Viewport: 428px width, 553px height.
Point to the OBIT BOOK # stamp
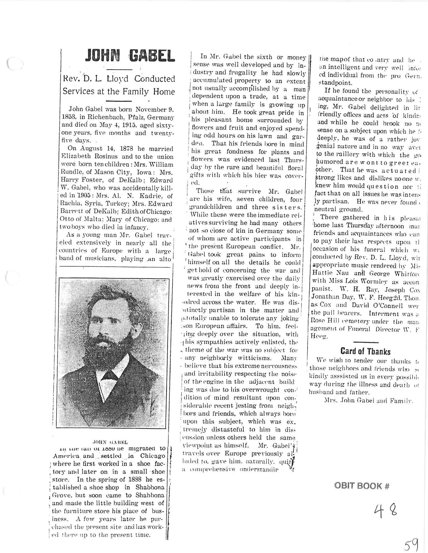click(362, 486)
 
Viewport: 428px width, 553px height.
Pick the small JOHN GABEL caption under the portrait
click(110, 442)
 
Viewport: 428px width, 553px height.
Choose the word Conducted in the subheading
click(155, 79)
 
